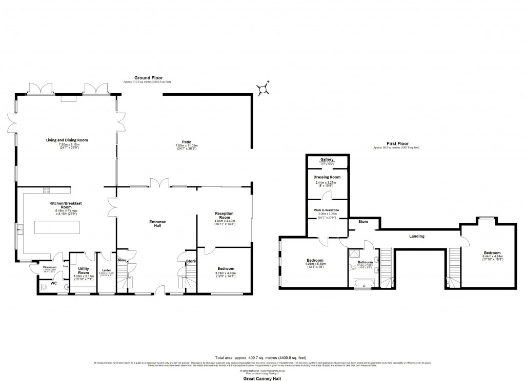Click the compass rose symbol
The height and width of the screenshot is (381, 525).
263,89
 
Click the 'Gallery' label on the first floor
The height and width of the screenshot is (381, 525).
327,159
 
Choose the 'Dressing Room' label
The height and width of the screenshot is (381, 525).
327,177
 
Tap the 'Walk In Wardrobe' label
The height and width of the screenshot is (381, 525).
327,210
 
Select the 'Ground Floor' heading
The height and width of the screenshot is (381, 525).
146,78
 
